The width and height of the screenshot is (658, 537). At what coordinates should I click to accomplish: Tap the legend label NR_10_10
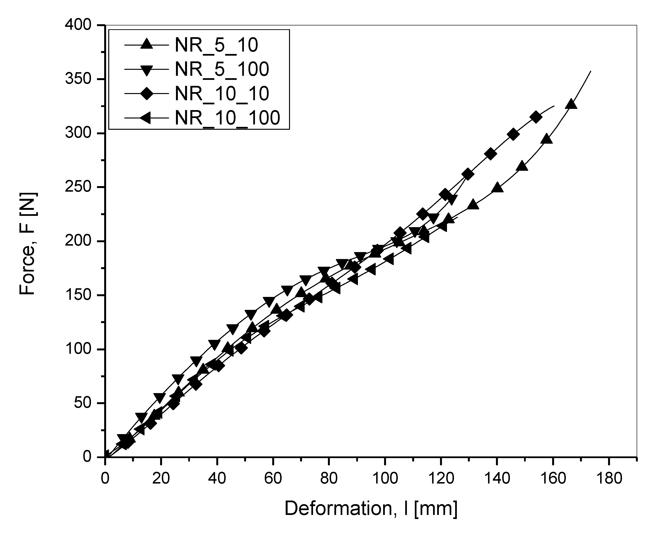pyautogui.click(x=222, y=94)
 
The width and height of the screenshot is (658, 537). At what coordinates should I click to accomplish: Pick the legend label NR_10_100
pyautogui.click(x=227, y=118)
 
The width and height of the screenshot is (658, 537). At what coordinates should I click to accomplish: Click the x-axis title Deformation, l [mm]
pyautogui.click(x=371, y=508)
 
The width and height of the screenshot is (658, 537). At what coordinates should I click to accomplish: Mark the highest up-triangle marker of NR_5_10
pyautogui.click(x=571, y=105)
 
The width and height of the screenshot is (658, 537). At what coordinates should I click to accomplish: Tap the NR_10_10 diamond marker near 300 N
pyautogui.click(x=513, y=135)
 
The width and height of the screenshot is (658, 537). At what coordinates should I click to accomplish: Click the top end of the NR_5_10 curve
pyautogui.click(x=591, y=71)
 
